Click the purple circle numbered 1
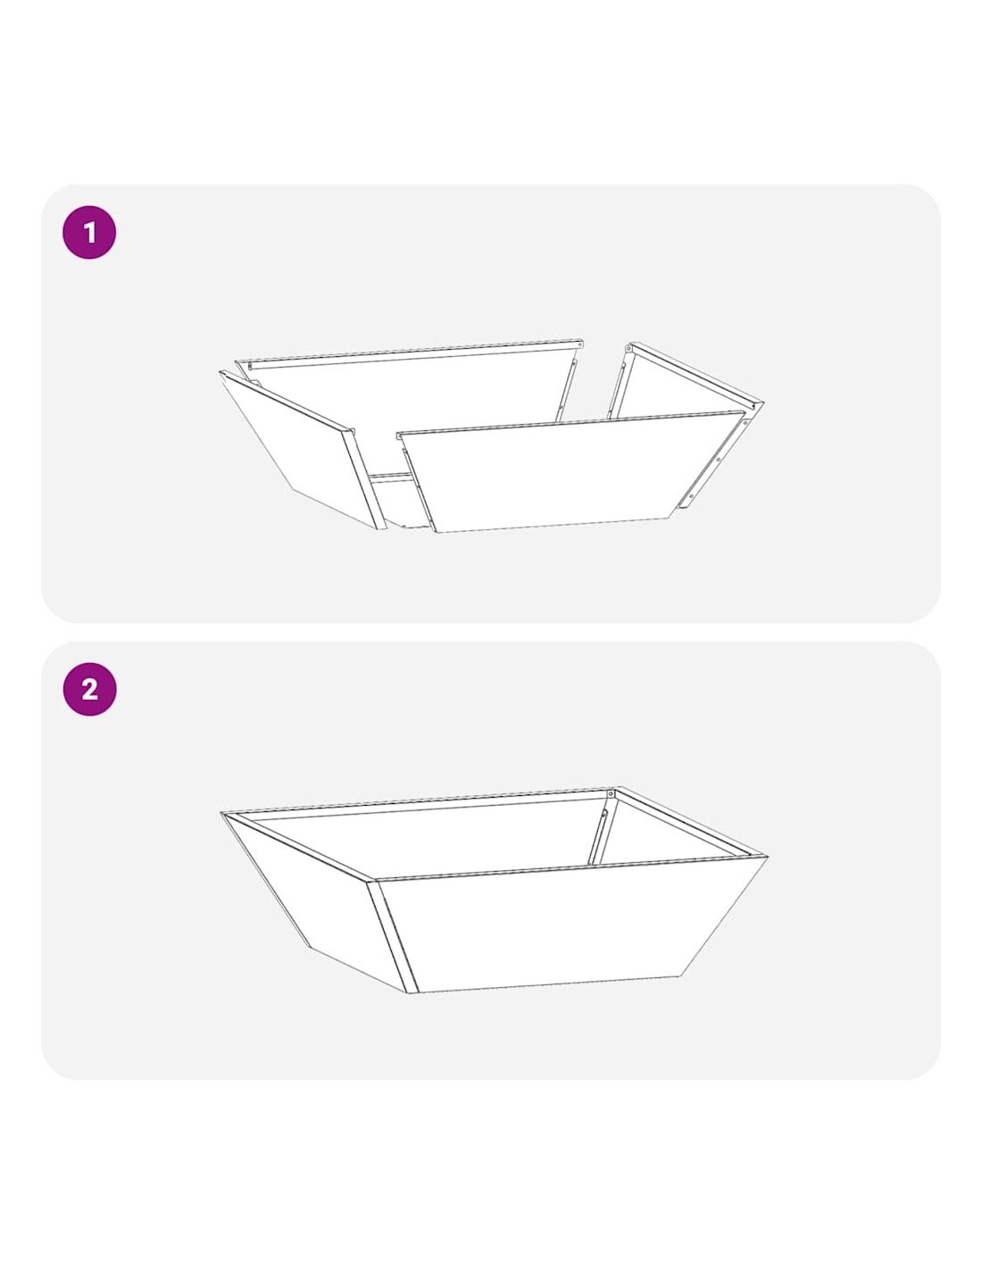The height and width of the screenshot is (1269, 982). pos(89,232)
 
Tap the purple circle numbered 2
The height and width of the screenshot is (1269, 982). pos(89,689)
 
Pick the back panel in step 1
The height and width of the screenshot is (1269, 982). pos(409,409)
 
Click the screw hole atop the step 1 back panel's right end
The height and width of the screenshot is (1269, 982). pos(578,345)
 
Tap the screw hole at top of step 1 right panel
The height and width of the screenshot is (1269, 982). pos(631,350)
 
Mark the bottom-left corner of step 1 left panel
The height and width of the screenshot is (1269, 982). pos(290,489)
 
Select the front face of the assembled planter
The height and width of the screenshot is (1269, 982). pos(570,924)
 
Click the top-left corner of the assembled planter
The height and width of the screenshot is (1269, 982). pos(221,813)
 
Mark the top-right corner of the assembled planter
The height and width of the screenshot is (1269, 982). pos(767,857)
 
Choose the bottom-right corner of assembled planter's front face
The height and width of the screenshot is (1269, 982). pos(680,975)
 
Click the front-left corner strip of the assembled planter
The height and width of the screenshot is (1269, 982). pos(393,935)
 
